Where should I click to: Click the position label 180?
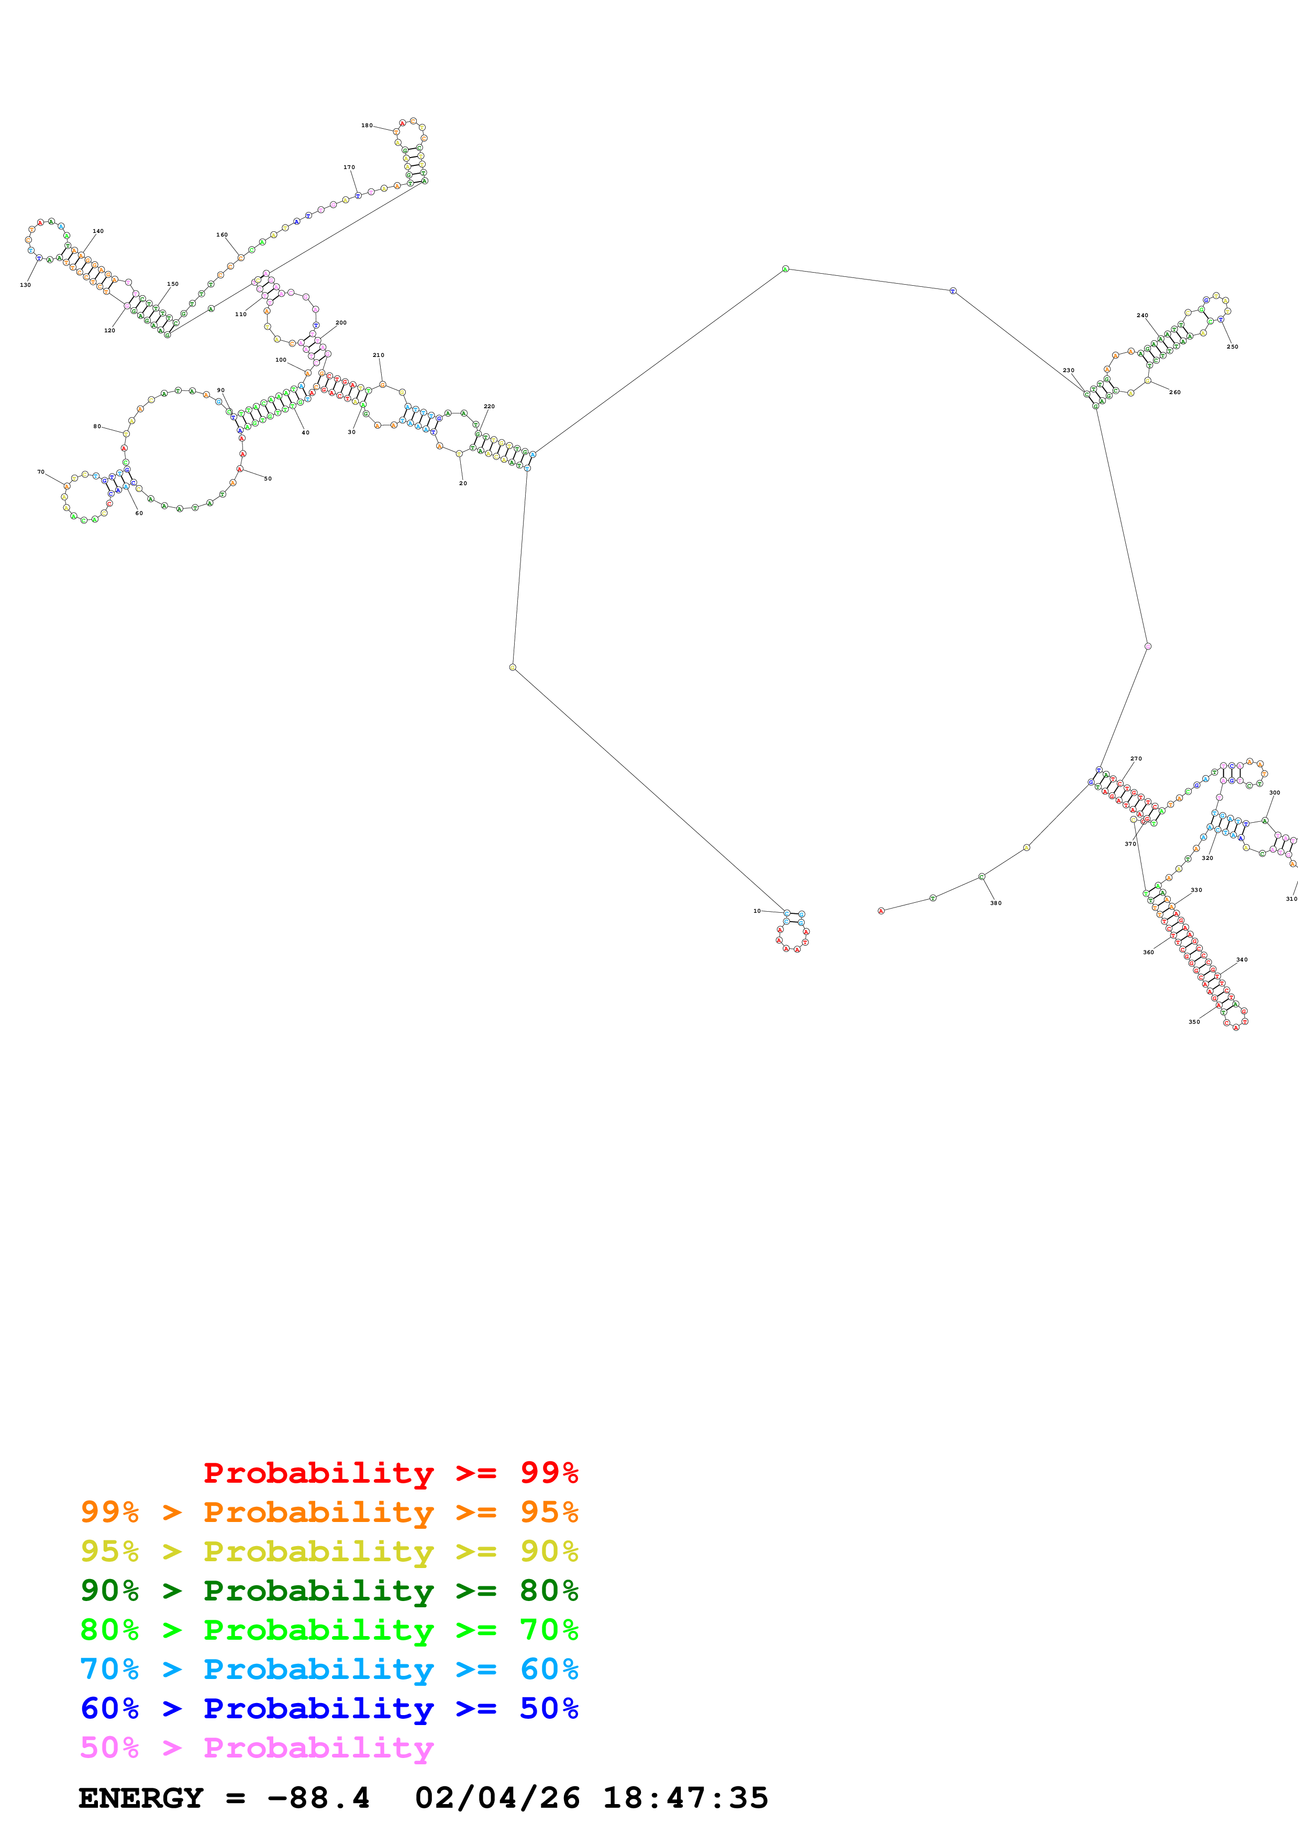(367, 126)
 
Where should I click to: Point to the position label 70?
(41, 472)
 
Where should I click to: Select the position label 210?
(378, 355)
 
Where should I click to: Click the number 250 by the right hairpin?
(1233, 346)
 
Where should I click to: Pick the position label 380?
(996, 903)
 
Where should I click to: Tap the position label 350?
(1194, 1022)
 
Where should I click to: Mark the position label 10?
(757, 911)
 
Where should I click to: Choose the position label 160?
(221, 235)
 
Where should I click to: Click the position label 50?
(268, 479)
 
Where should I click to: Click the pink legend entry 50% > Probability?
(257, 1748)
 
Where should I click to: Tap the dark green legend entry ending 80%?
(329, 1591)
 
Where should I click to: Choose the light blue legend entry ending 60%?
(329, 1670)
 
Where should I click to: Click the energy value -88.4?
(318, 1798)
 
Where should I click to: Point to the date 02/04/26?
(497, 1798)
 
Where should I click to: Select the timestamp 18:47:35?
(685, 1798)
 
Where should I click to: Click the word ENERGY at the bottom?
(141, 1798)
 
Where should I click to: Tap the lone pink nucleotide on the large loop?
(1148, 646)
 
